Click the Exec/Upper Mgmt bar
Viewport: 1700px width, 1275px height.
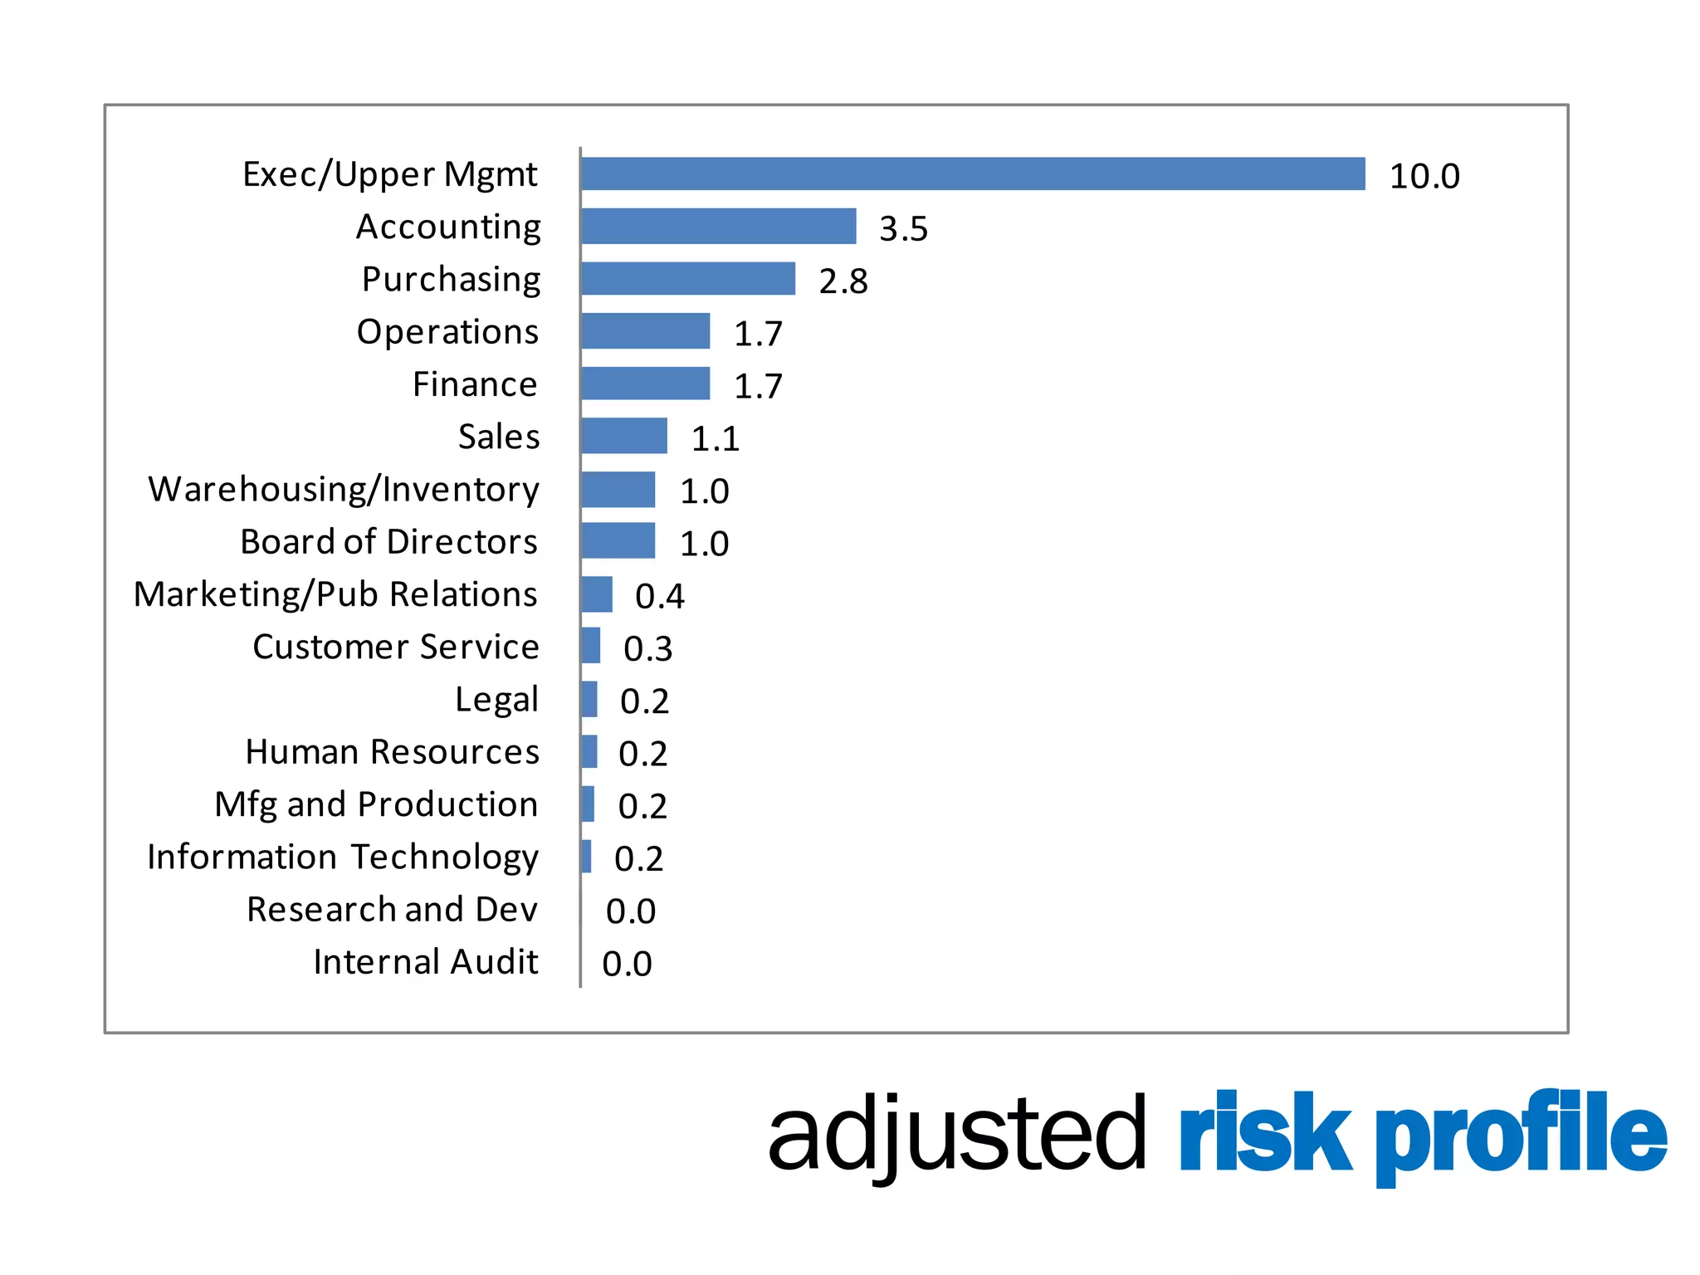coord(973,173)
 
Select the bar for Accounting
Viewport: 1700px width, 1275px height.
coord(719,226)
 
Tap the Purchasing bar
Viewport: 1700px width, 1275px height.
coord(688,279)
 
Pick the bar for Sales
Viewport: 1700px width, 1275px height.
coord(624,436)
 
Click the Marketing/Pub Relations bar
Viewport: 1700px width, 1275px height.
coord(597,594)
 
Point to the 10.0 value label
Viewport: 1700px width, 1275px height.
coord(1424,176)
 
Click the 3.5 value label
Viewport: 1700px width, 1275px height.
coord(904,228)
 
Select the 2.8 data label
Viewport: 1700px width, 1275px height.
coord(843,281)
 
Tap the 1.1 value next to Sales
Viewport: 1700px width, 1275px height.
coord(716,438)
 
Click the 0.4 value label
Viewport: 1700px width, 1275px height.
coord(660,596)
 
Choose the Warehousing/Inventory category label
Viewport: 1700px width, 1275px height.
coord(344,489)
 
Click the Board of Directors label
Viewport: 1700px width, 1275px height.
coord(388,541)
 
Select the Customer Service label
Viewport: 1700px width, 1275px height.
coord(396,647)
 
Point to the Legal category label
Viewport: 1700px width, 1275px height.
coord(496,700)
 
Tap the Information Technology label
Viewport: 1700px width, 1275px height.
coord(343,857)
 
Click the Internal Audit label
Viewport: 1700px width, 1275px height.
coord(425,961)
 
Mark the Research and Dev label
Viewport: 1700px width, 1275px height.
coord(392,909)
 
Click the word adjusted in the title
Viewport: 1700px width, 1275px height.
coord(956,1134)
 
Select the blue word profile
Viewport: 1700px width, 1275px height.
coord(1521,1134)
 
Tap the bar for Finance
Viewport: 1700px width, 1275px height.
coord(646,383)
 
